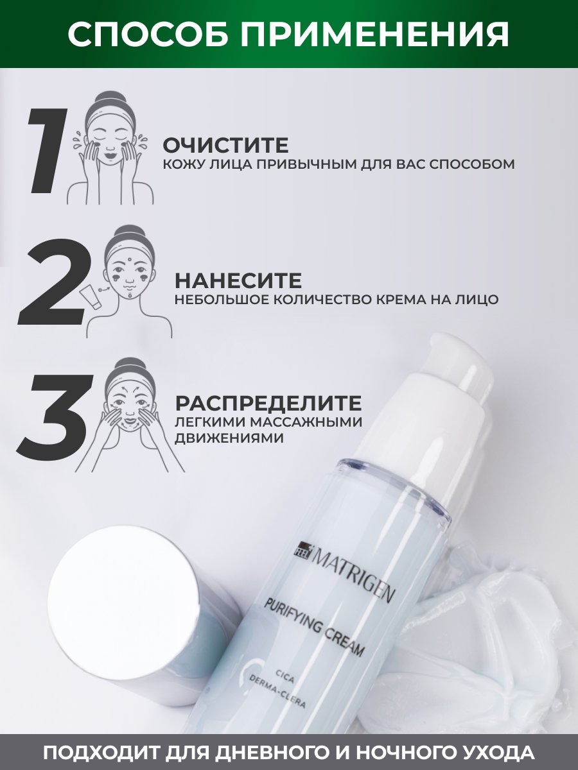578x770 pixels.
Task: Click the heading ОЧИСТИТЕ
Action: click(225, 146)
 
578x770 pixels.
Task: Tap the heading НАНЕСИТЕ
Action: click(238, 280)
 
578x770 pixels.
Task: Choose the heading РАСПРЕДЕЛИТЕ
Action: click(268, 403)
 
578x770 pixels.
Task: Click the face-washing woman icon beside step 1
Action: click(111, 148)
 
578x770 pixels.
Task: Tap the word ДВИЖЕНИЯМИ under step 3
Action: click(229, 438)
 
